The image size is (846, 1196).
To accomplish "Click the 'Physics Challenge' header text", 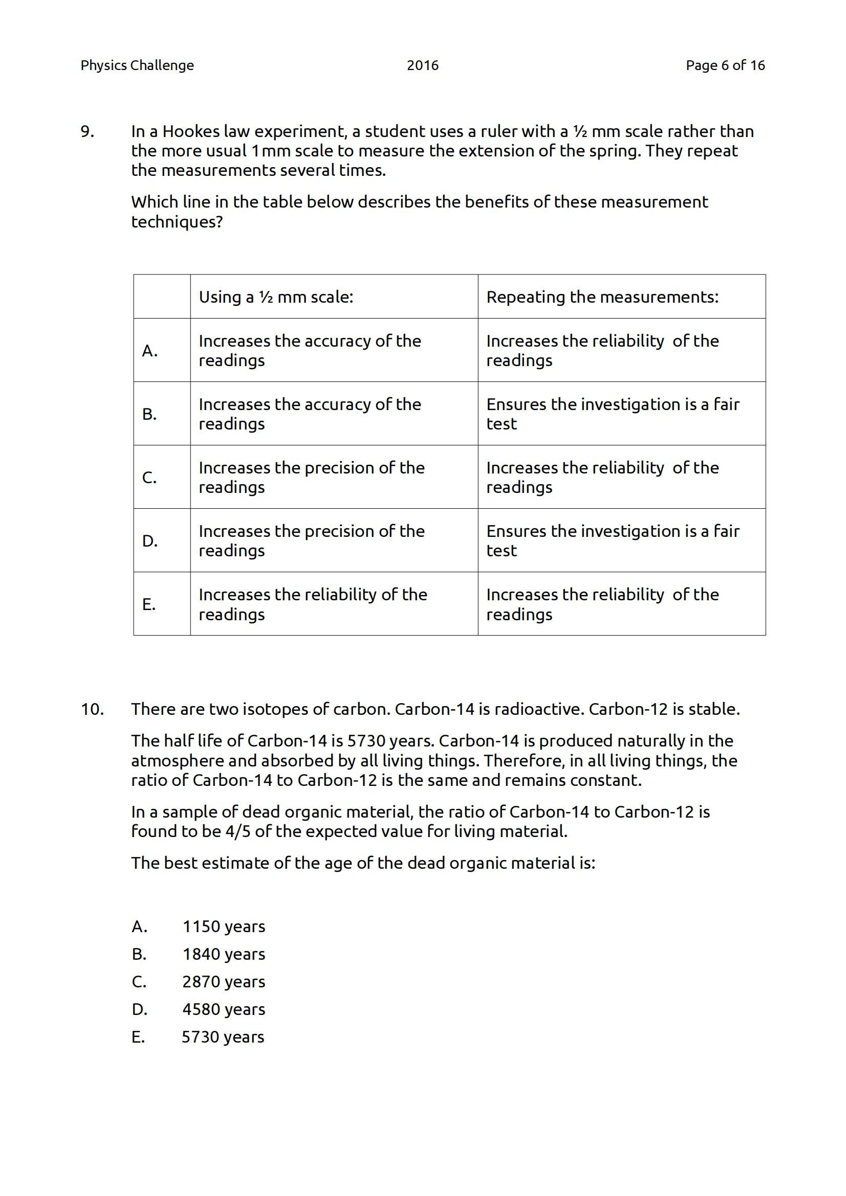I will point(137,65).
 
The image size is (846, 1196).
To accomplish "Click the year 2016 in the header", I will point(422,65).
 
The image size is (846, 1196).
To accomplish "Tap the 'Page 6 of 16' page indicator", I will point(725,65).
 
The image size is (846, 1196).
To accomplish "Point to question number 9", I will point(87,131).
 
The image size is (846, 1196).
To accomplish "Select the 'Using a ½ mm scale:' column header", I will point(276,297).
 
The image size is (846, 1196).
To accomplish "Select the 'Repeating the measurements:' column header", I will point(602,297).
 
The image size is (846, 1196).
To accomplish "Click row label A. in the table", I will point(149,351).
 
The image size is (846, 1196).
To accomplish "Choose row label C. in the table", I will point(149,477).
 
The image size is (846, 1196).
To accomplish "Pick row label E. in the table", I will point(149,604).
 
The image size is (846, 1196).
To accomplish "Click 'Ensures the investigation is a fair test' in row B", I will point(613,414).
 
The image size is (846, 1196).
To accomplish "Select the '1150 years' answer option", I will point(224,926).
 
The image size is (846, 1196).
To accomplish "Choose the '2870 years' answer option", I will point(224,981).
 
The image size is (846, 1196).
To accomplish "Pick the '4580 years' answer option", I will point(224,1009).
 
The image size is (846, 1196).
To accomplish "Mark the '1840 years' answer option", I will point(224,954).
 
